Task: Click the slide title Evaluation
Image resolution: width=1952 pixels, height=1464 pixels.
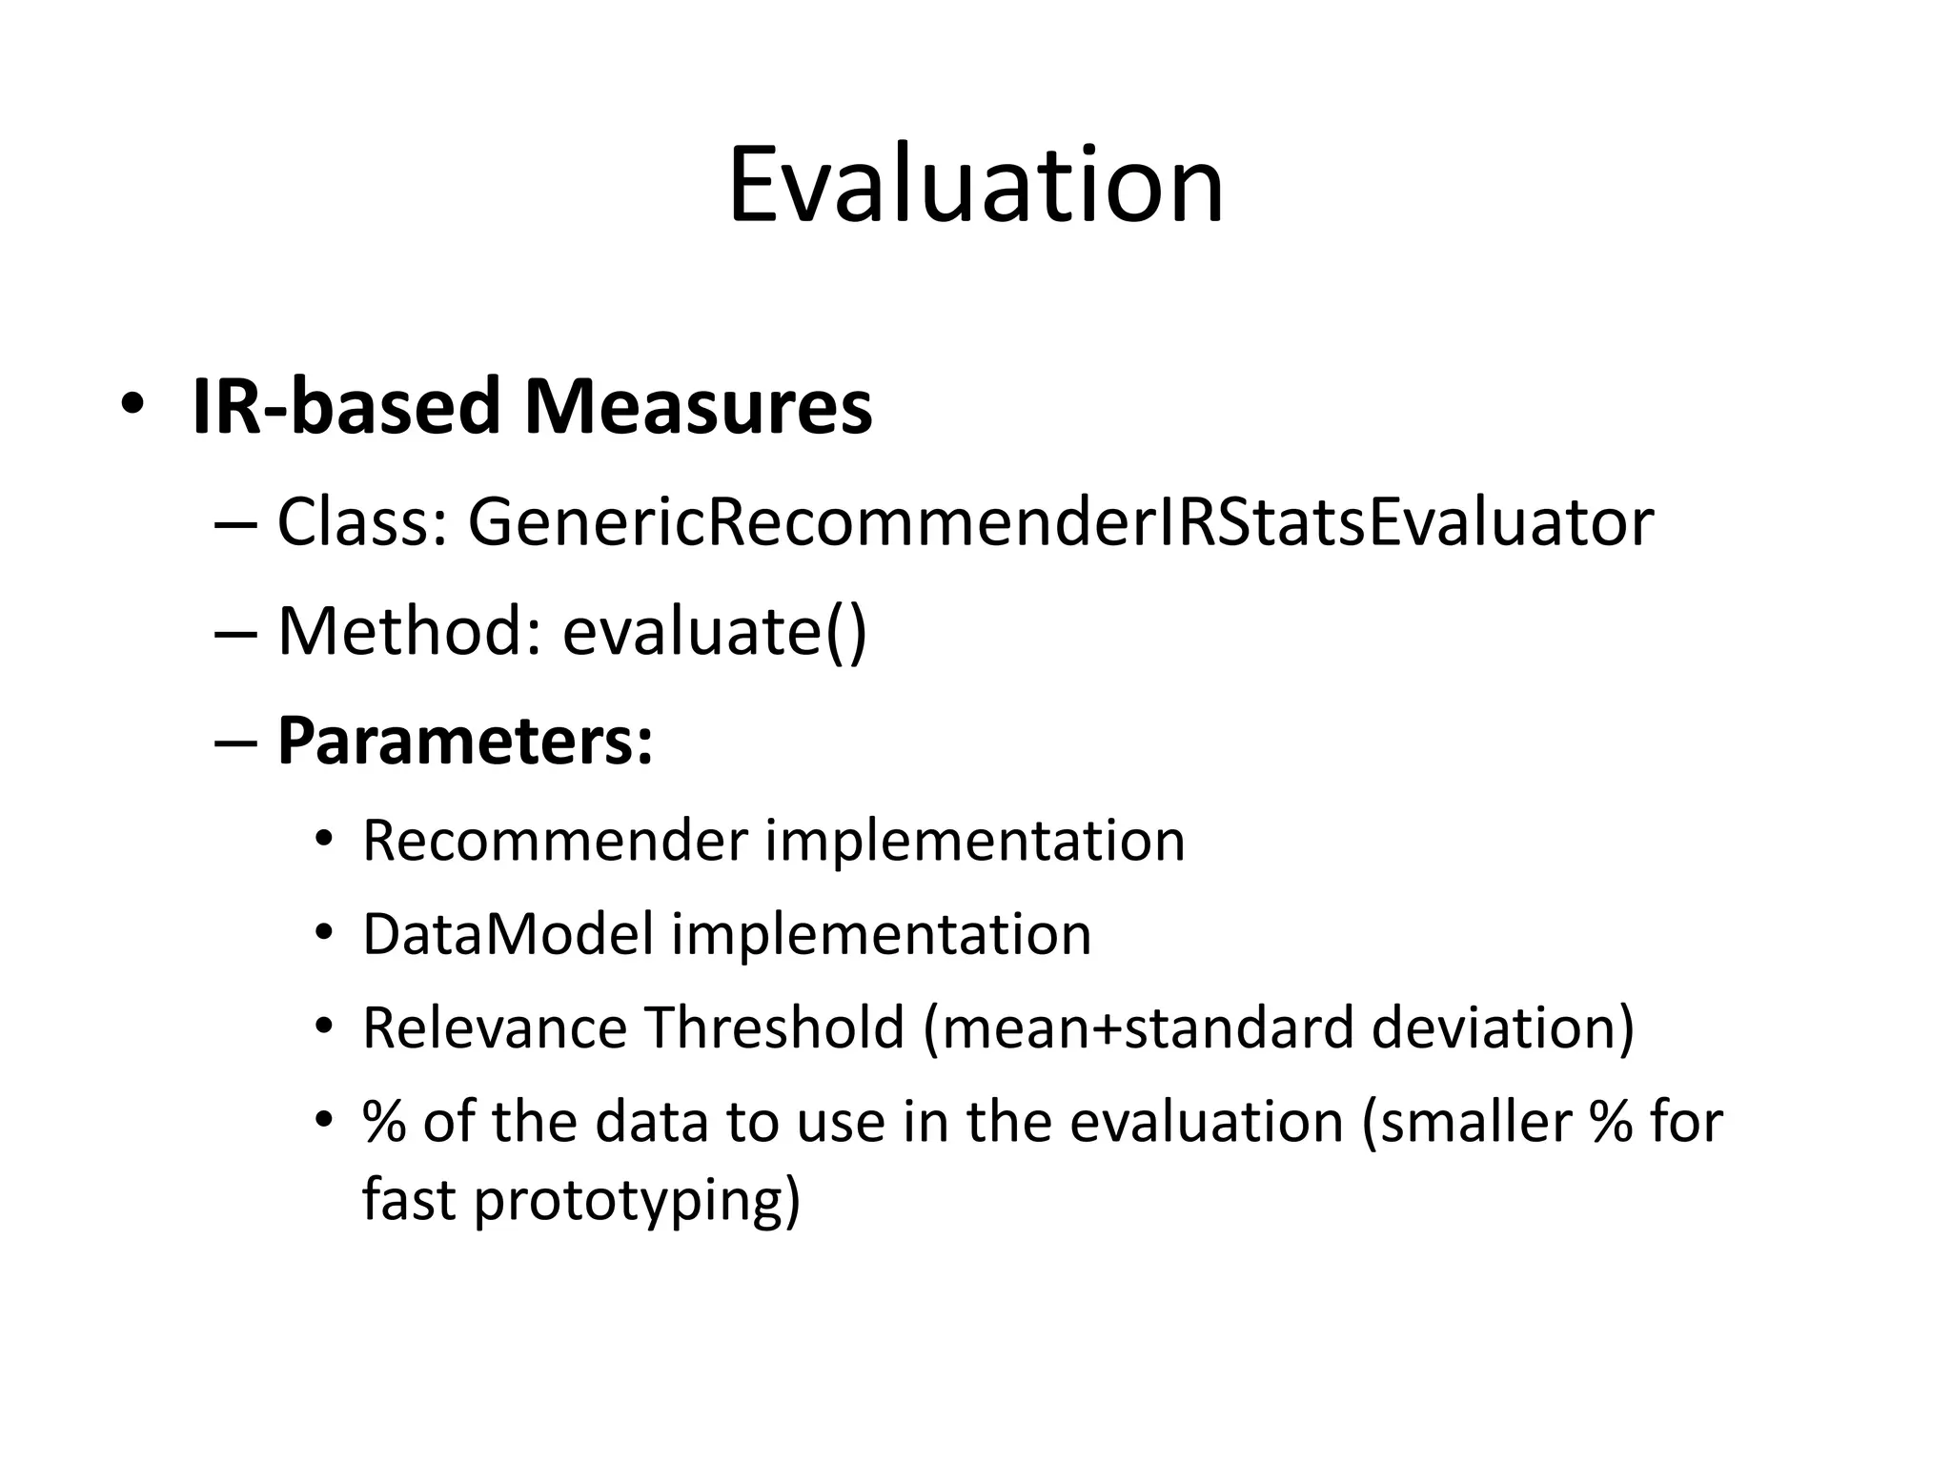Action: (x=975, y=186)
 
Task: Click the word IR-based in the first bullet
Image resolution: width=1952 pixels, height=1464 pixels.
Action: (x=345, y=408)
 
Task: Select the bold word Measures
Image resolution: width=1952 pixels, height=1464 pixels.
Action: (x=698, y=408)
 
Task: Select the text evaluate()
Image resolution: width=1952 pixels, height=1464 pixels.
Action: (x=714, y=632)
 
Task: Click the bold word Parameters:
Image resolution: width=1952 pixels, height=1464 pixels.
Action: (x=465, y=742)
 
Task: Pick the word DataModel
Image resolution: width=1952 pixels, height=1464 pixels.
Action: (x=508, y=934)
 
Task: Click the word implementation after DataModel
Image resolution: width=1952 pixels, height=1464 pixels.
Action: (x=882, y=934)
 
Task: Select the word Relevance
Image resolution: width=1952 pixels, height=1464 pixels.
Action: (x=495, y=1027)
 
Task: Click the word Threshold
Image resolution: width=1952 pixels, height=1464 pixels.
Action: (x=774, y=1027)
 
